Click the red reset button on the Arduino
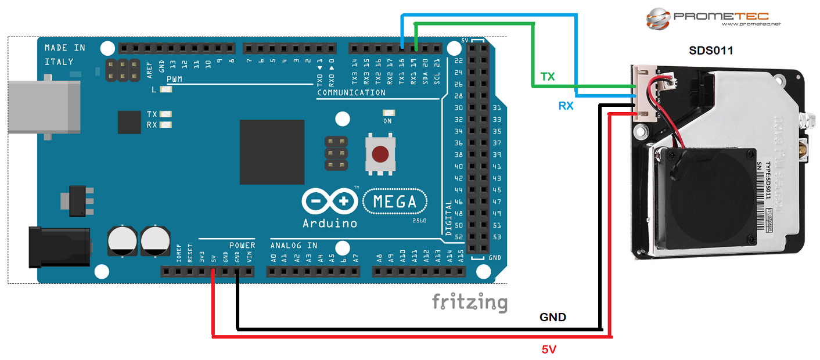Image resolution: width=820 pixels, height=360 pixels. click(x=380, y=154)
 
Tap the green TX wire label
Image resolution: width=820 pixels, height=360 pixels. click(x=547, y=77)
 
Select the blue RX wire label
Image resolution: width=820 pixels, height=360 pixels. click(x=566, y=106)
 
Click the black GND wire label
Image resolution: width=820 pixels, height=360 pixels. click(x=552, y=318)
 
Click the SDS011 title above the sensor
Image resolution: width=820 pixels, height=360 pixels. click(x=711, y=51)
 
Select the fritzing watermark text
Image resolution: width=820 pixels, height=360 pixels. click(x=469, y=302)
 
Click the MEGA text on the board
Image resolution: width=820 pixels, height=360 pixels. click(x=395, y=202)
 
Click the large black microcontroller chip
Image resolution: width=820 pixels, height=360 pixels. click(x=272, y=152)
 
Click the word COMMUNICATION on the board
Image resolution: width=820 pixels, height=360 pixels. click(x=351, y=92)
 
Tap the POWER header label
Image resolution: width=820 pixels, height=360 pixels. click(x=242, y=245)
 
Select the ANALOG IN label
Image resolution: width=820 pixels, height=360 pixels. click(x=293, y=245)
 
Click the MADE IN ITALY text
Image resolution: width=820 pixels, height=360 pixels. click(x=64, y=55)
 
